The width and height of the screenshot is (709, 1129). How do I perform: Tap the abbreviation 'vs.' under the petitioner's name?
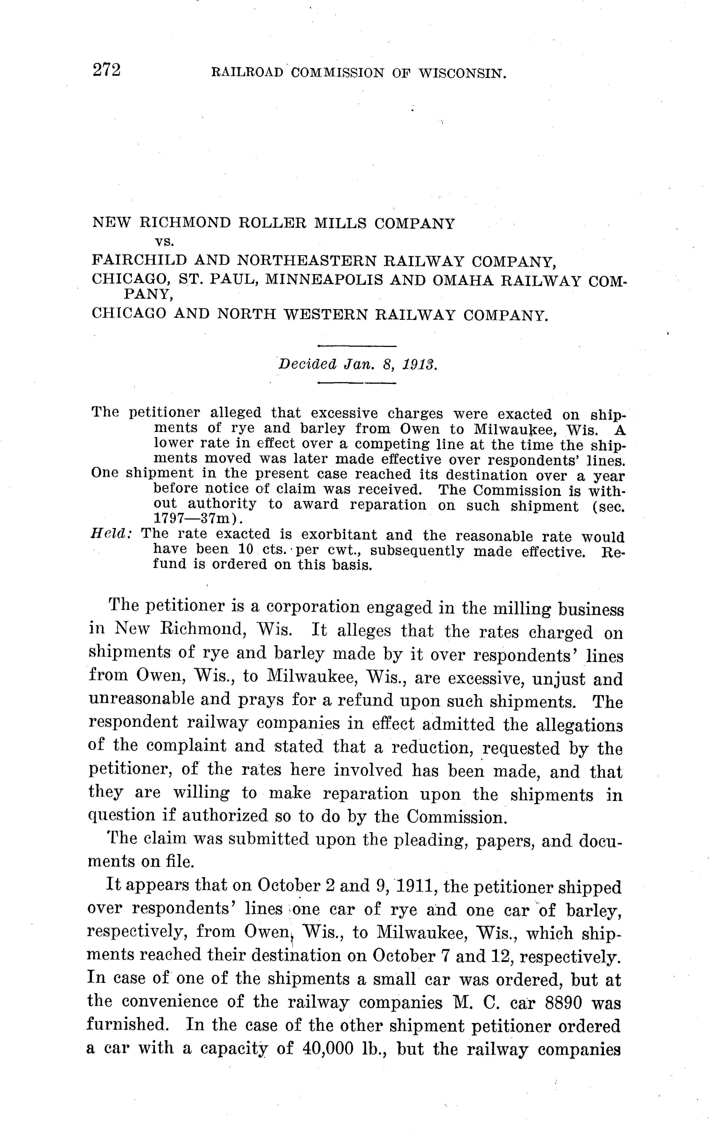click(x=165, y=242)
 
